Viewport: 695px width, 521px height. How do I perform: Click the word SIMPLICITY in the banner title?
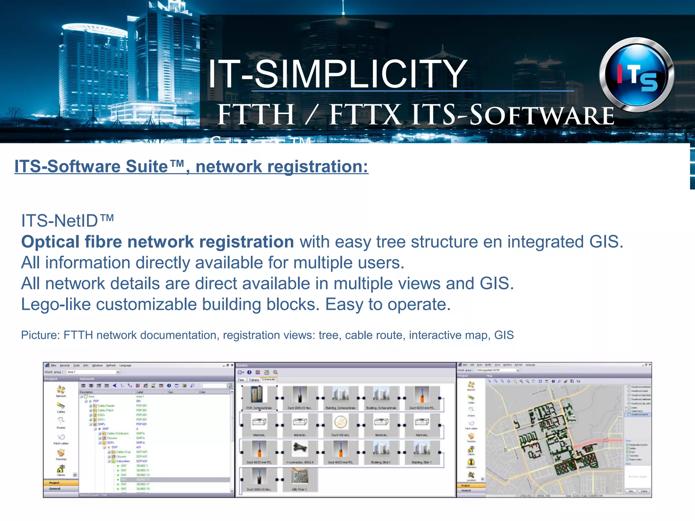(360, 74)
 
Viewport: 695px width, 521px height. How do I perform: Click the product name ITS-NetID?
(67, 221)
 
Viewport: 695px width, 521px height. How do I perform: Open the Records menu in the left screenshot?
(64, 365)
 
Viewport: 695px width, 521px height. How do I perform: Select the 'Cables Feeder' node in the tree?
(106, 406)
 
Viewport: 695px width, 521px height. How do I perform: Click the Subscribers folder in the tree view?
(123, 461)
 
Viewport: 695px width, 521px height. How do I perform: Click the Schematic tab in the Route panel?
(268, 380)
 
